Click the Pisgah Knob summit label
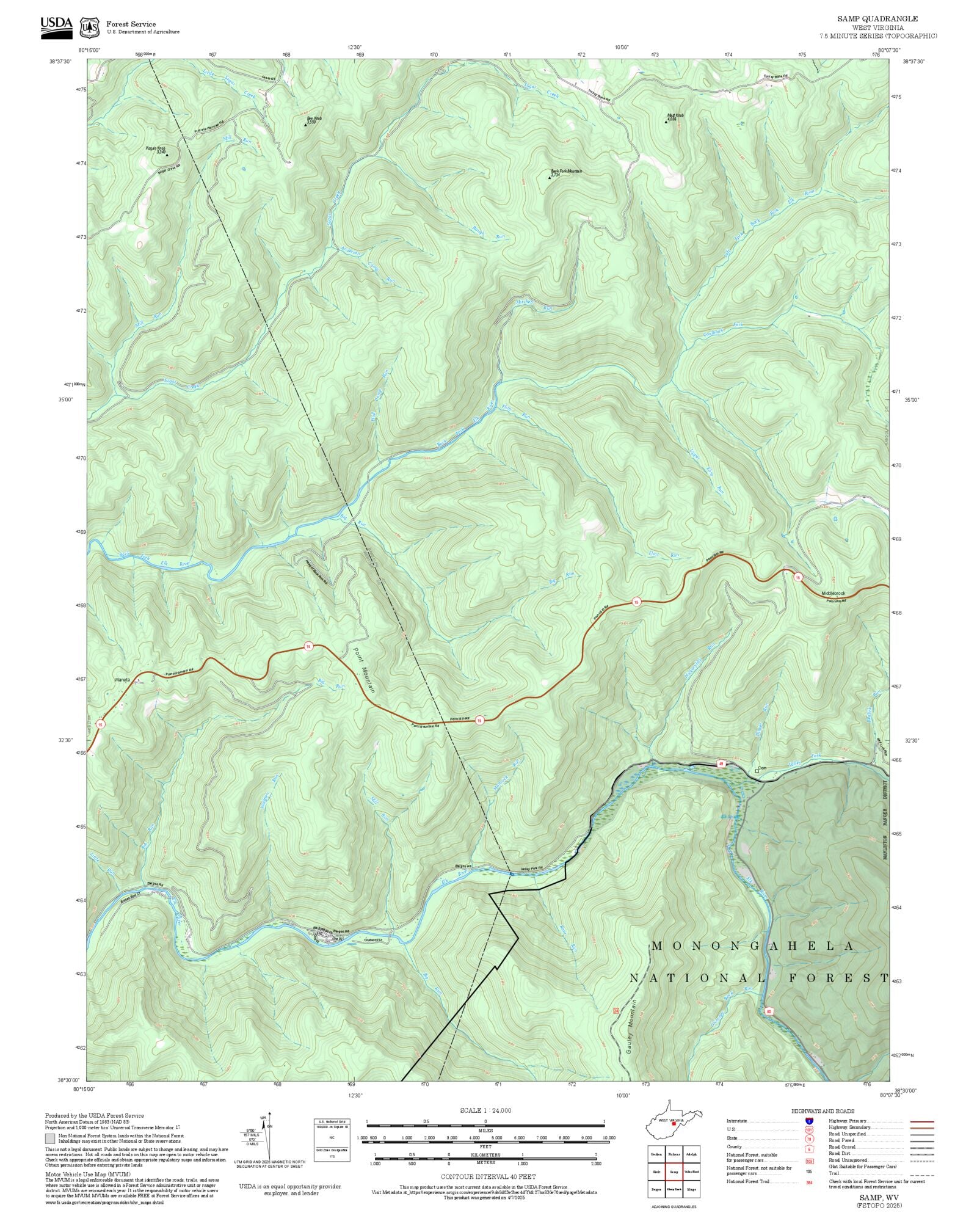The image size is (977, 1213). (156, 148)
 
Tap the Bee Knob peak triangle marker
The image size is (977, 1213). (305, 125)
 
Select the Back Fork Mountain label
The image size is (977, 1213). (566, 172)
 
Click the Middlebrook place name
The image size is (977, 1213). (833, 594)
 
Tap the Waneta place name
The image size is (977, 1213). (122, 680)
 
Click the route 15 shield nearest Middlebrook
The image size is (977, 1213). (797, 577)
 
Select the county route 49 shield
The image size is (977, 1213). (721, 763)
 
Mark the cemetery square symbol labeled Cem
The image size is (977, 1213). (757, 771)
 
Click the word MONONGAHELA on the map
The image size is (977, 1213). (753, 946)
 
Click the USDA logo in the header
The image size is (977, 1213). (56, 27)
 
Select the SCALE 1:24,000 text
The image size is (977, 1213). (485, 1110)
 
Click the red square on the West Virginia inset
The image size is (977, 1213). (674, 1123)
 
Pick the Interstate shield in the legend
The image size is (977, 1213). (809, 1121)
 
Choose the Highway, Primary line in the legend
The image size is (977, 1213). (922, 1121)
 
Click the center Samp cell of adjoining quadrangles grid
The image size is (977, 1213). (674, 1172)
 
